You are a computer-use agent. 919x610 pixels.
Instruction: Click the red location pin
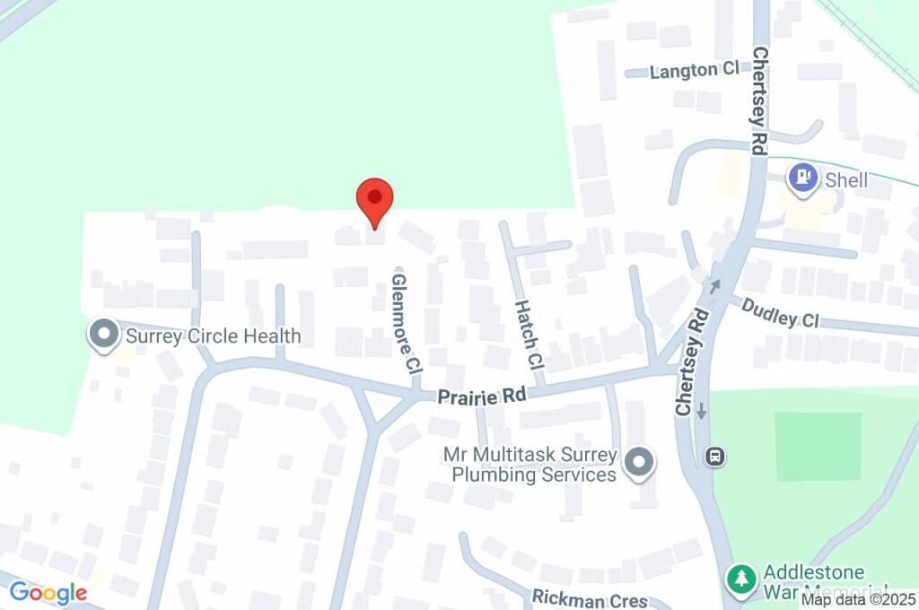[374, 200]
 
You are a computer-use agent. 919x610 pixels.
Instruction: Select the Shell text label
[846, 180]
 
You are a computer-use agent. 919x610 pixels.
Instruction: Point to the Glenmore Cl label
[407, 324]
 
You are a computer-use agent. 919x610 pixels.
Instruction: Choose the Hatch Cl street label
[530, 335]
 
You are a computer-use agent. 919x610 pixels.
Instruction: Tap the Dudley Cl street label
[780, 313]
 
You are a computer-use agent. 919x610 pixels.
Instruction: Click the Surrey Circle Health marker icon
[104, 336]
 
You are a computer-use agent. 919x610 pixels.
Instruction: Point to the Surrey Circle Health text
[213, 336]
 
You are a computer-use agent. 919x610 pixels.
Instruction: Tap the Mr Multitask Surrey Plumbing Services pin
[639, 463]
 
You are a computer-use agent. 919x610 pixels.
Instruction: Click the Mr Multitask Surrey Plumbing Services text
[530, 464]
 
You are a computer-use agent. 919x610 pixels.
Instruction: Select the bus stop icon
[715, 457]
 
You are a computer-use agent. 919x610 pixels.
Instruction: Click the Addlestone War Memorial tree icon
[740, 578]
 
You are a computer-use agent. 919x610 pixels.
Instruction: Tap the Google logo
[48, 592]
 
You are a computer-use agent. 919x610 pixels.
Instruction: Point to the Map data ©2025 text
[858, 599]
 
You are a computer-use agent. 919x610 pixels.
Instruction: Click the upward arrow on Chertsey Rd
[715, 286]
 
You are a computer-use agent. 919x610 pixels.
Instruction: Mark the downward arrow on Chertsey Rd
[701, 410]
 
